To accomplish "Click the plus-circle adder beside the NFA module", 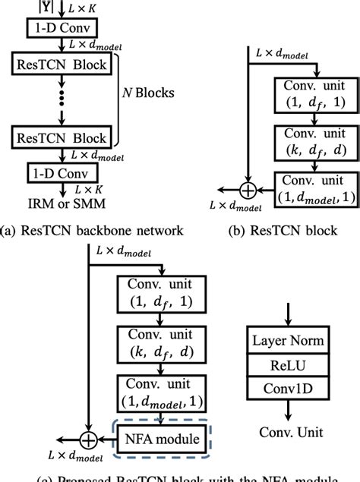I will click(x=90, y=438).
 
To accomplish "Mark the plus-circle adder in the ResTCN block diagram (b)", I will click(x=248, y=189).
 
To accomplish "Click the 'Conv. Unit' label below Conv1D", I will click(x=287, y=433).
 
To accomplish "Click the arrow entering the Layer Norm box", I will click(x=287, y=313).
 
